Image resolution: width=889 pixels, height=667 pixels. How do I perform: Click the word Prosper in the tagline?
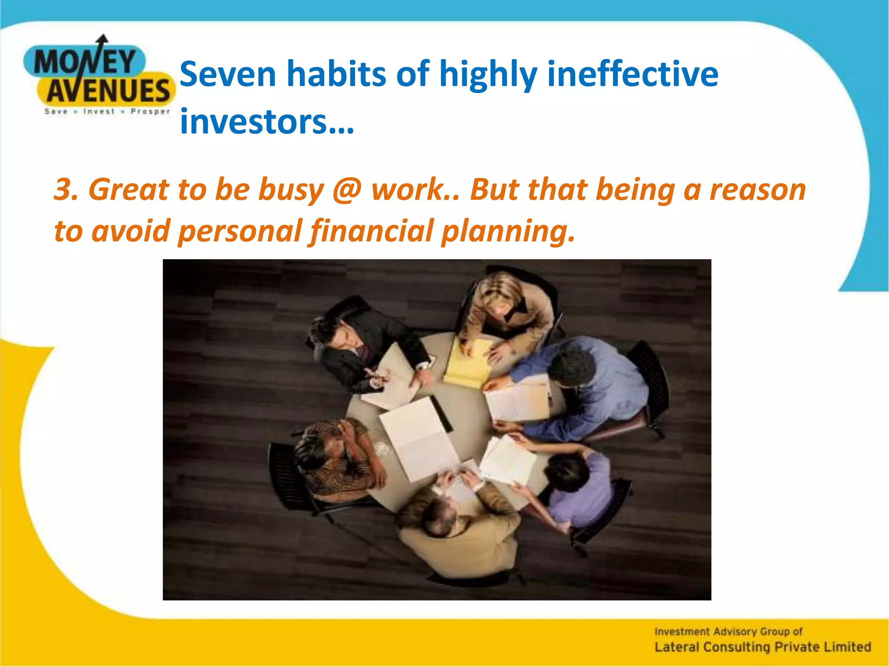(x=150, y=112)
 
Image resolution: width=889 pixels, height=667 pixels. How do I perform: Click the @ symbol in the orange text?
(x=347, y=190)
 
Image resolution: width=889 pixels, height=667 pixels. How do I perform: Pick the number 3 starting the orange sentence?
(x=65, y=190)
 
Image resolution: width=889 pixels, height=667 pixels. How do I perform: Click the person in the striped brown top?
(x=334, y=456)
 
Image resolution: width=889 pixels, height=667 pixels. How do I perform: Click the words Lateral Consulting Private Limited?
(x=762, y=647)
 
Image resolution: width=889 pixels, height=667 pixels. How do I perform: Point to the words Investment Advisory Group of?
(x=728, y=631)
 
